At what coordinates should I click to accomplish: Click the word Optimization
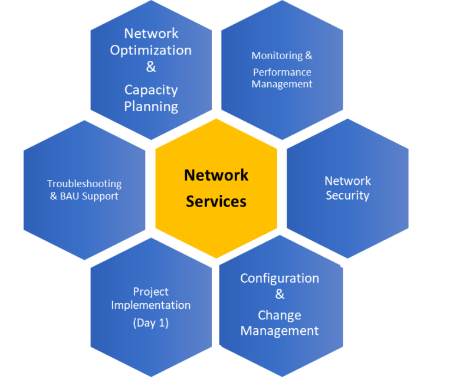151,50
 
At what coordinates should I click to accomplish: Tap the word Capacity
151,90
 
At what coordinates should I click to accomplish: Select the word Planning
151,107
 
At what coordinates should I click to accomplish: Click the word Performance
282,72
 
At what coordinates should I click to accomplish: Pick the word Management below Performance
282,84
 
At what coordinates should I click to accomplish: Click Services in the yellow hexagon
216,201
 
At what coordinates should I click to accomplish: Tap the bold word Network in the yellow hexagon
216,175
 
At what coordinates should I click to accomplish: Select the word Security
347,195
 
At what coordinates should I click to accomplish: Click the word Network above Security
347,181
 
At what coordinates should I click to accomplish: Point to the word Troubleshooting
84,184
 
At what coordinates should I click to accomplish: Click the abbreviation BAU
72,196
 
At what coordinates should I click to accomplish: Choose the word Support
101,196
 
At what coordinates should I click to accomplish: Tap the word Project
151,292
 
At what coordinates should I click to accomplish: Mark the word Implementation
151,305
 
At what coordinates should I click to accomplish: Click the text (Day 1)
151,323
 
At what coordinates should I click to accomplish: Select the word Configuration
280,278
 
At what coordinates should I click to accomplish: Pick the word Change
280,315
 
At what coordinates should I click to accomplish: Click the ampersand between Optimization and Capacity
151,67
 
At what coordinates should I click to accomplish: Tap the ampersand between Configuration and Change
280,294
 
